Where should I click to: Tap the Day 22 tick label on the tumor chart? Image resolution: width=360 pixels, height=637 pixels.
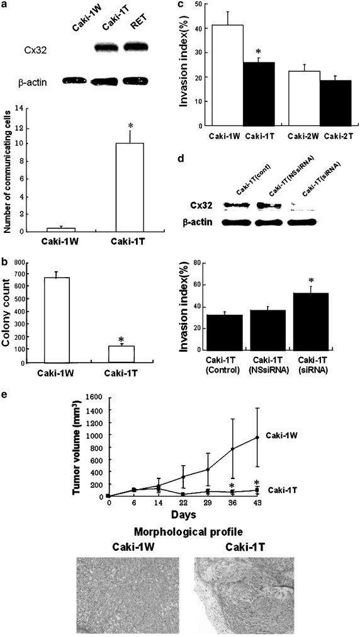[x=182, y=503]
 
